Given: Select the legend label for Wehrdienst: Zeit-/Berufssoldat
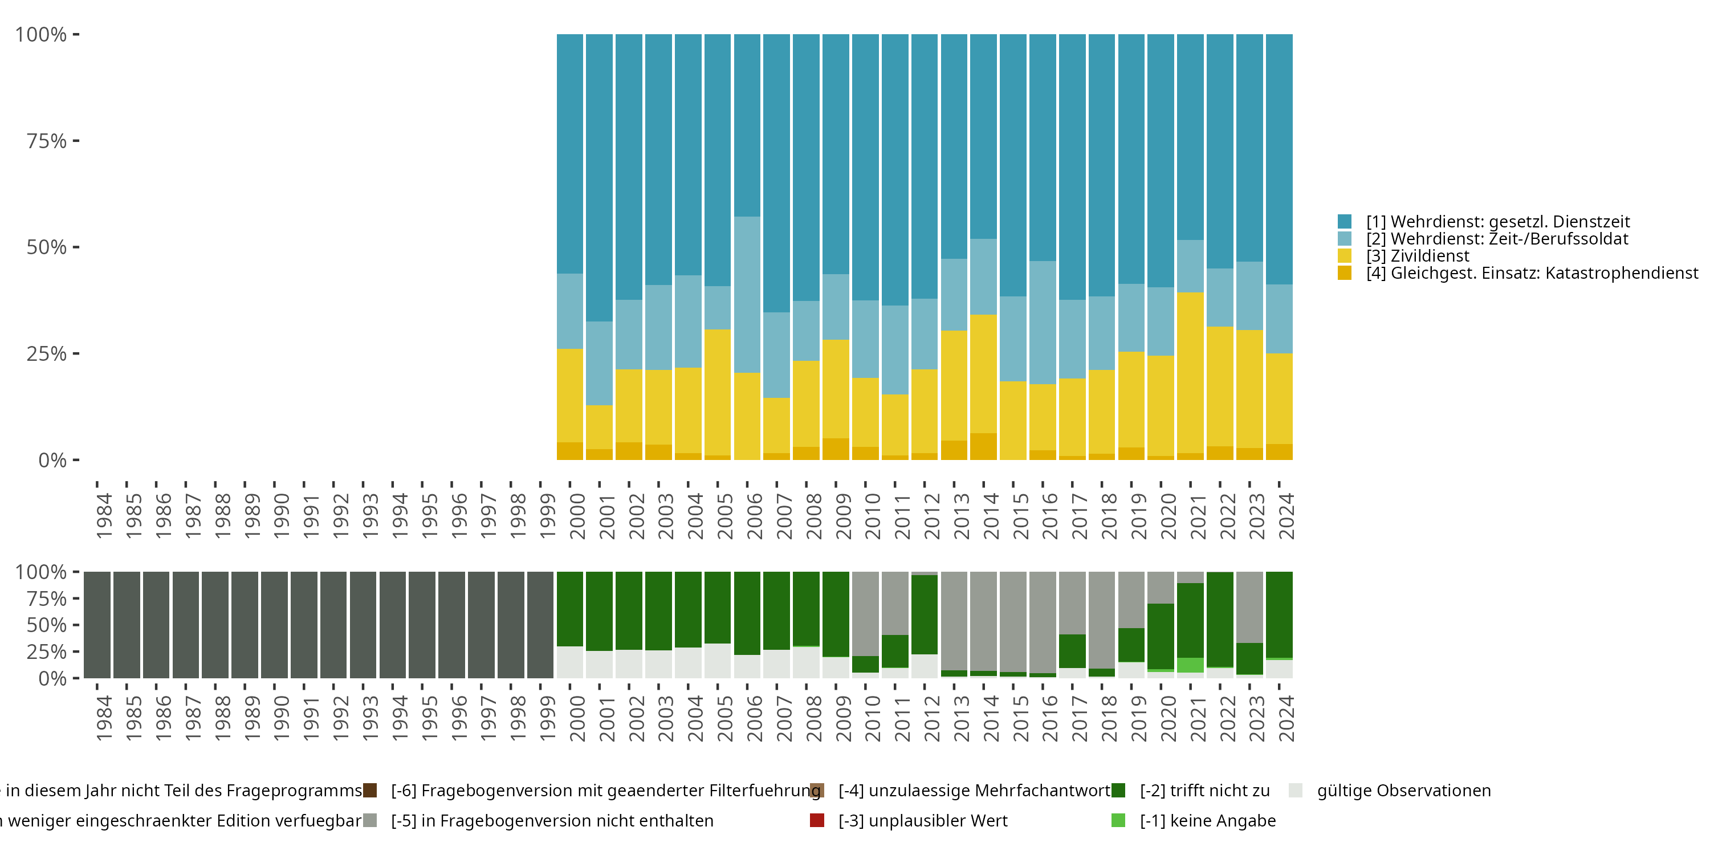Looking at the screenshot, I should point(1497,239).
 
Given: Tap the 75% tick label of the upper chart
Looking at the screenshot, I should point(47,141).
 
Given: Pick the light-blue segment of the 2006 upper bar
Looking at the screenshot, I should point(747,294).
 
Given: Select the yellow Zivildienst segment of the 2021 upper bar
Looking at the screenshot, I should point(1190,372).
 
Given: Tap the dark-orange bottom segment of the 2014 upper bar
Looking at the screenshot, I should point(984,446).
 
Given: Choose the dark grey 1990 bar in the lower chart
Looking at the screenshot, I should point(274,625).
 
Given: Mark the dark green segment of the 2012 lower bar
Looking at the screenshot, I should point(925,614).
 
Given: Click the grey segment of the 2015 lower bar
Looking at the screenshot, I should point(1013,621).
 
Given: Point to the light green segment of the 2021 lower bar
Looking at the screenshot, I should point(1190,665).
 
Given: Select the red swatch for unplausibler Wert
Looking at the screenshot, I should point(817,820).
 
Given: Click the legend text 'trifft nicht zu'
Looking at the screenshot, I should point(1205,791).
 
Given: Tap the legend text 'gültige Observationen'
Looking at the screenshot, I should point(1403,791).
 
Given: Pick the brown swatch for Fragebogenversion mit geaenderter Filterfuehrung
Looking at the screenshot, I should point(370,791).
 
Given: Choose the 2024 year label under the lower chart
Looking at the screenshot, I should point(1286,718).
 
